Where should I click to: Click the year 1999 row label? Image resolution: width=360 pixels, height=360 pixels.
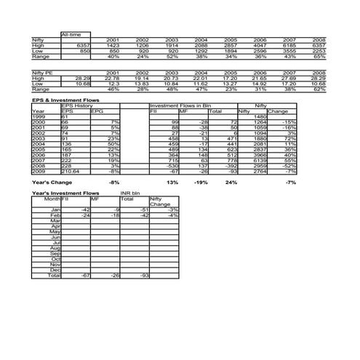point(39,116)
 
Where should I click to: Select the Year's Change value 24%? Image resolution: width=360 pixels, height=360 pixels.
point(232,182)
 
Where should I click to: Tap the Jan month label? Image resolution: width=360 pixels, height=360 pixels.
point(55,209)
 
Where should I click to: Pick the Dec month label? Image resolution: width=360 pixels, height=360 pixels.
point(55,269)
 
